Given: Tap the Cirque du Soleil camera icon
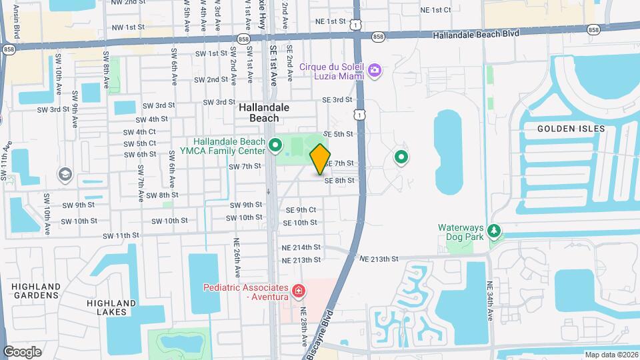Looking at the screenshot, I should (375, 69).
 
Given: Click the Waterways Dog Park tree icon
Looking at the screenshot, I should (493, 231).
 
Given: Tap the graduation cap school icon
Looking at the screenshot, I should (65, 175).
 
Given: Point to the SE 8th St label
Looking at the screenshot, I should (339, 180).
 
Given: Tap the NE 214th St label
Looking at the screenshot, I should (302, 247).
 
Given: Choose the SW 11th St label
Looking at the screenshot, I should (121, 235).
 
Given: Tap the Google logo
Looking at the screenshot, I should (22, 351).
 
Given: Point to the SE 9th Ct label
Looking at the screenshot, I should (301, 210).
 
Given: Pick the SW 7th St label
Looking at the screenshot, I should (245, 166).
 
